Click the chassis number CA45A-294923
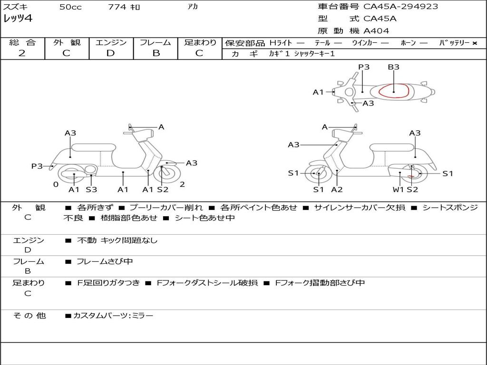(400, 7)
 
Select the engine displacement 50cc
(70, 7)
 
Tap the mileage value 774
(117, 7)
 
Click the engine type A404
(376, 31)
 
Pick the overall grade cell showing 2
(22, 53)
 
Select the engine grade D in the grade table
(111, 53)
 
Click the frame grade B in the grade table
(156, 53)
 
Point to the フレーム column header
(156, 42)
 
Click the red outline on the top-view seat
(394, 90)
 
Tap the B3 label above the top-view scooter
(393, 67)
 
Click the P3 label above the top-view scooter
(364, 67)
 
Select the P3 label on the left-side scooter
(37, 166)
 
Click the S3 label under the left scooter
(91, 190)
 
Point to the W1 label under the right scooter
(398, 190)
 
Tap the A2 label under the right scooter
(337, 190)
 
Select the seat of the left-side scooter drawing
(93, 147)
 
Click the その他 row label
(29, 316)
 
